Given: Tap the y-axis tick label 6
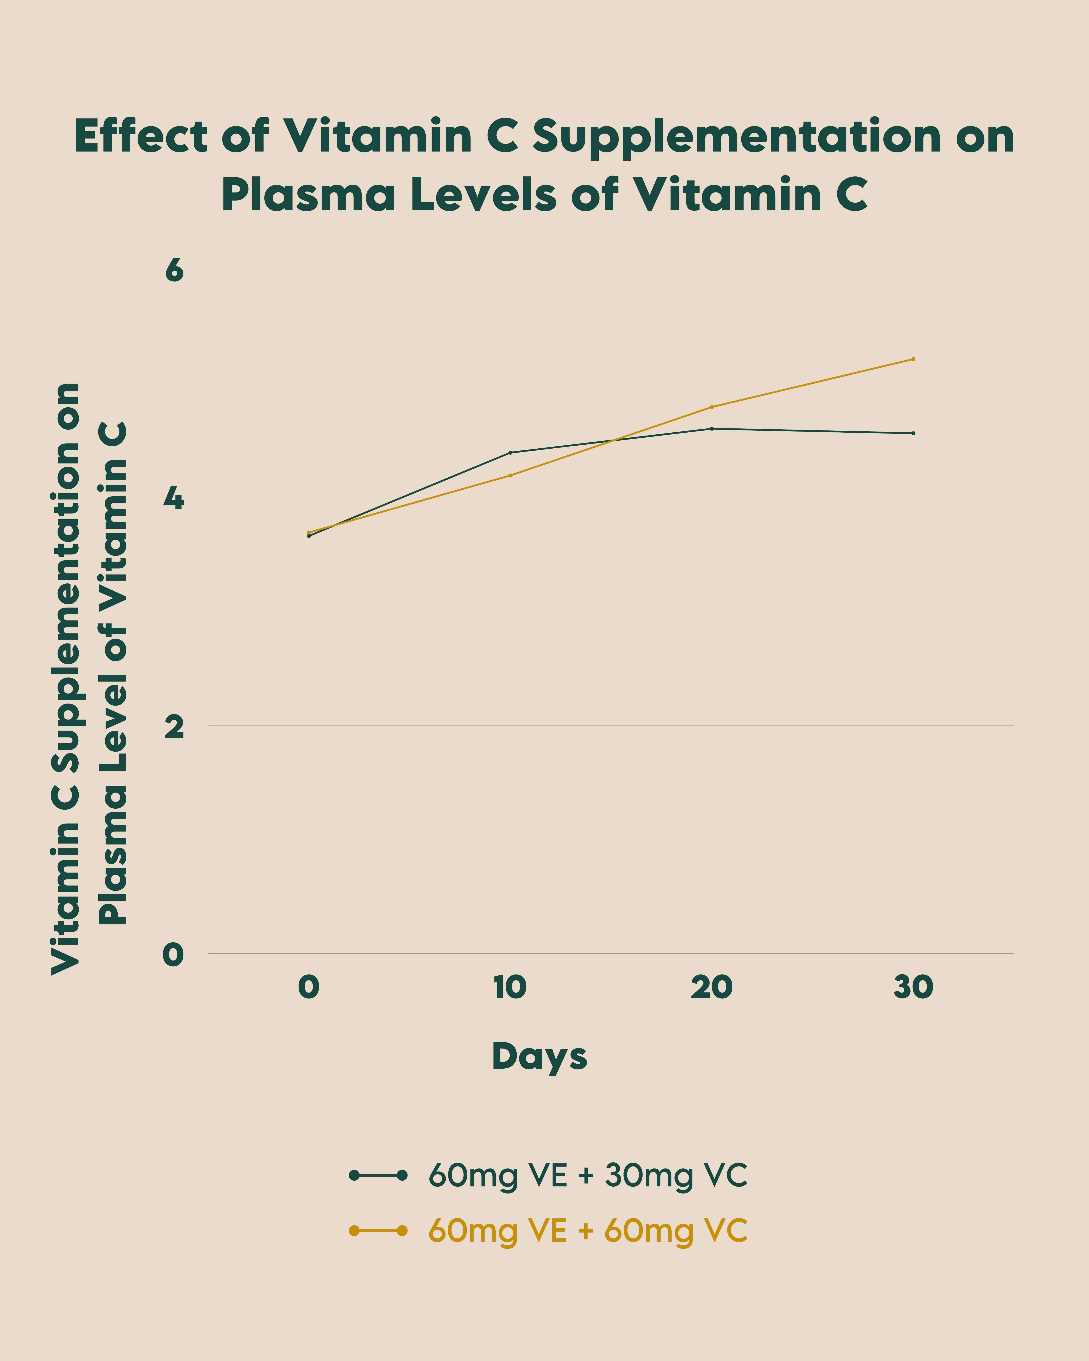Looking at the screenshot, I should coord(174,270).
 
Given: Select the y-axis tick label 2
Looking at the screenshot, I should coord(174,727).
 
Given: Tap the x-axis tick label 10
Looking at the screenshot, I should coord(510,987).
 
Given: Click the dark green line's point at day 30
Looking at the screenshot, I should coord(913,433).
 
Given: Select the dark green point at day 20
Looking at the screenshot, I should coord(712,429).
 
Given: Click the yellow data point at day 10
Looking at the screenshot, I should coord(510,475).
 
